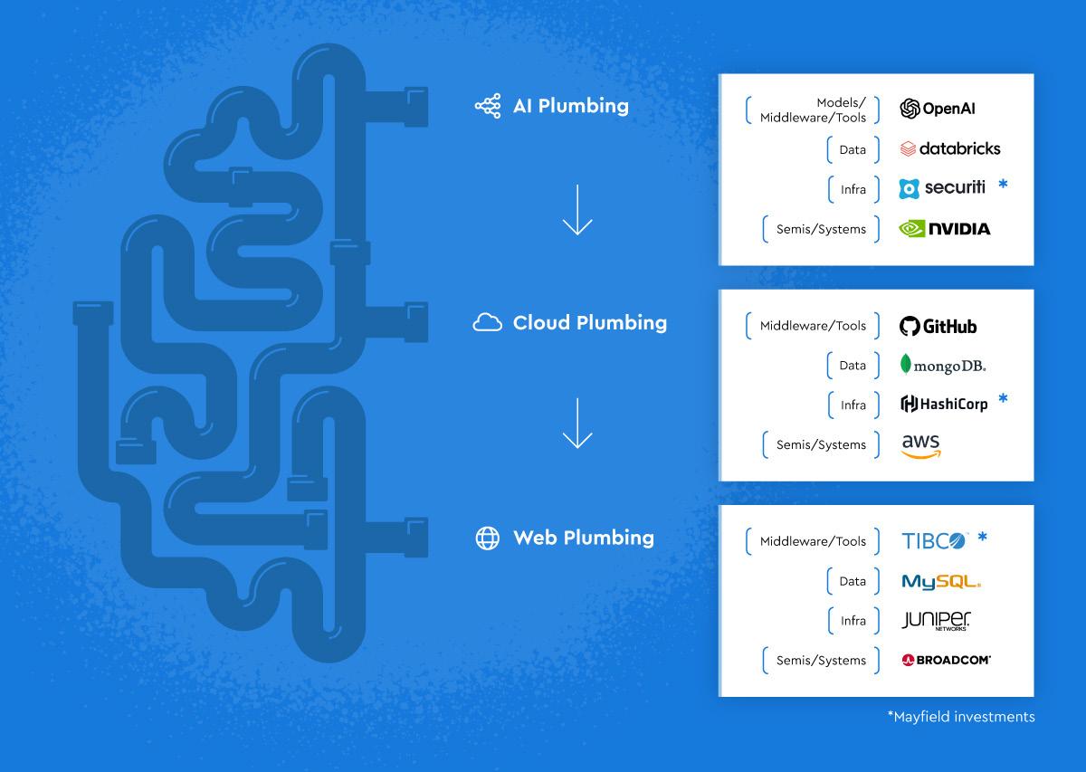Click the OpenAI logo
[x=938, y=109]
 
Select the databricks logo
[x=949, y=148]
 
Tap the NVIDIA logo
[x=944, y=229]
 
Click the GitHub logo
[x=938, y=326]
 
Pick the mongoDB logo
[x=943, y=366]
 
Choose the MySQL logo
[x=941, y=582]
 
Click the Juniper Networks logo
[x=937, y=621]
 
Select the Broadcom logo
[x=946, y=661]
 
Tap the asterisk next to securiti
[x=1003, y=186]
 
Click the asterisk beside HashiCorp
[x=1002, y=399]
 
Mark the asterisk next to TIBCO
[x=982, y=538]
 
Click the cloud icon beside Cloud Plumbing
[x=487, y=323]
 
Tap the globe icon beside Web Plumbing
[x=487, y=538]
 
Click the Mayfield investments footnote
[x=960, y=717]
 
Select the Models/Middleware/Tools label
[x=813, y=110]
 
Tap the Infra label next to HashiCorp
[x=853, y=405]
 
